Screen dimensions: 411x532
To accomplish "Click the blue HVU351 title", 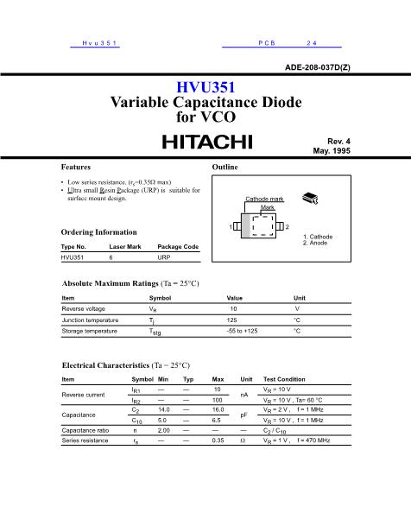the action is click(x=205, y=87).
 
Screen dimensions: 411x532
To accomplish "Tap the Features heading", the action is click(x=76, y=165).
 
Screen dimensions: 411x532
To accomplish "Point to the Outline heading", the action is click(x=225, y=165).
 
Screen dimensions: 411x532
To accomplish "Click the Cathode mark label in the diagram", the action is click(x=264, y=199).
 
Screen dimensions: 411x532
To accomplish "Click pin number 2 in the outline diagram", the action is click(x=288, y=226).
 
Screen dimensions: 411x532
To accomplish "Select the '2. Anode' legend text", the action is click(x=316, y=244).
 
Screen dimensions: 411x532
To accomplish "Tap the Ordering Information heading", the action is click(x=99, y=232).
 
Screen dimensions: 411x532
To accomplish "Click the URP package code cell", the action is click(x=164, y=257).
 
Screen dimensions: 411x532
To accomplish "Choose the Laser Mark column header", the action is click(x=125, y=247).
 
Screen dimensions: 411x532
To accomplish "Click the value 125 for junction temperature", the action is click(x=231, y=320).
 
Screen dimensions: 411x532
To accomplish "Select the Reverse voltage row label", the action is click(x=84, y=308).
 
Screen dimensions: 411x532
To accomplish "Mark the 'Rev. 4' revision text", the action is click(x=338, y=140).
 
